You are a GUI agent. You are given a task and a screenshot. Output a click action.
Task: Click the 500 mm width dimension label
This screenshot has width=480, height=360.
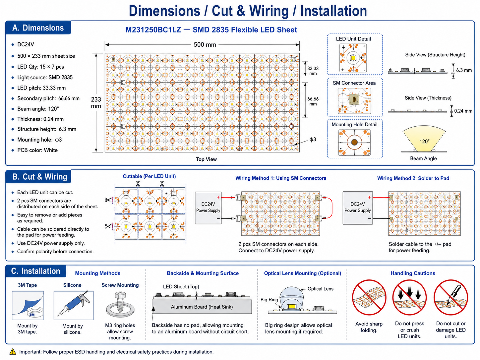[205, 45]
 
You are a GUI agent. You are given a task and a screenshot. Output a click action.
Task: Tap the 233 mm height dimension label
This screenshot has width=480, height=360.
[96, 103]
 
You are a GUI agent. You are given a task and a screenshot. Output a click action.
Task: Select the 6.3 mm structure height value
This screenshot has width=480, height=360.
[464, 70]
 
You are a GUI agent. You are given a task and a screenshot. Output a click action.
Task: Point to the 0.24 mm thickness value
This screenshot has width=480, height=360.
[463, 111]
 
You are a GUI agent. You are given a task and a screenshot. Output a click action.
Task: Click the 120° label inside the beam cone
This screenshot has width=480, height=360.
[424, 142]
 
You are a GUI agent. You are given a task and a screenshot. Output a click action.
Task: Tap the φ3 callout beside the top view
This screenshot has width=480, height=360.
[313, 140]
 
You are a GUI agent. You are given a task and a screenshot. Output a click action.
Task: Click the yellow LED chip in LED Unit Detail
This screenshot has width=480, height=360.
[353, 58]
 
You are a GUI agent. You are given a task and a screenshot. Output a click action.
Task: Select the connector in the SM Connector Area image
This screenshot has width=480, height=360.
[354, 100]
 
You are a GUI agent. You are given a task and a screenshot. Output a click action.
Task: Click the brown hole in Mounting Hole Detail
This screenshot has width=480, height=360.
[354, 142]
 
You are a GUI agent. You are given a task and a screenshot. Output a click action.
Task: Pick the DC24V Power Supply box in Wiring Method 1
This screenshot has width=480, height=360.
[208, 208]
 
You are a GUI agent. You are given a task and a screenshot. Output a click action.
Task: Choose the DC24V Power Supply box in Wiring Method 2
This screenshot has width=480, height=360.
[358, 208]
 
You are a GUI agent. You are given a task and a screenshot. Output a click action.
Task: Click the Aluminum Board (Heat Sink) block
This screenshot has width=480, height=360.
[202, 307]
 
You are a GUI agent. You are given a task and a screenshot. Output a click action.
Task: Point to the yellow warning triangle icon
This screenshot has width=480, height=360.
[13, 352]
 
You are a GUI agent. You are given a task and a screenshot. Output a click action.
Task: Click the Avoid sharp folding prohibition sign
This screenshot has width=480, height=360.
[369, 297]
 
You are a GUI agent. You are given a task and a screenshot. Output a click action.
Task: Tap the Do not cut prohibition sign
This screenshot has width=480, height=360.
[451, 297]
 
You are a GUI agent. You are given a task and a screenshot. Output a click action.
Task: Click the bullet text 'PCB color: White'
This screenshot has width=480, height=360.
[37, 150]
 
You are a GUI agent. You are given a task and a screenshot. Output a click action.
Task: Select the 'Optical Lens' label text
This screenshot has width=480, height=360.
[320, 289]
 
